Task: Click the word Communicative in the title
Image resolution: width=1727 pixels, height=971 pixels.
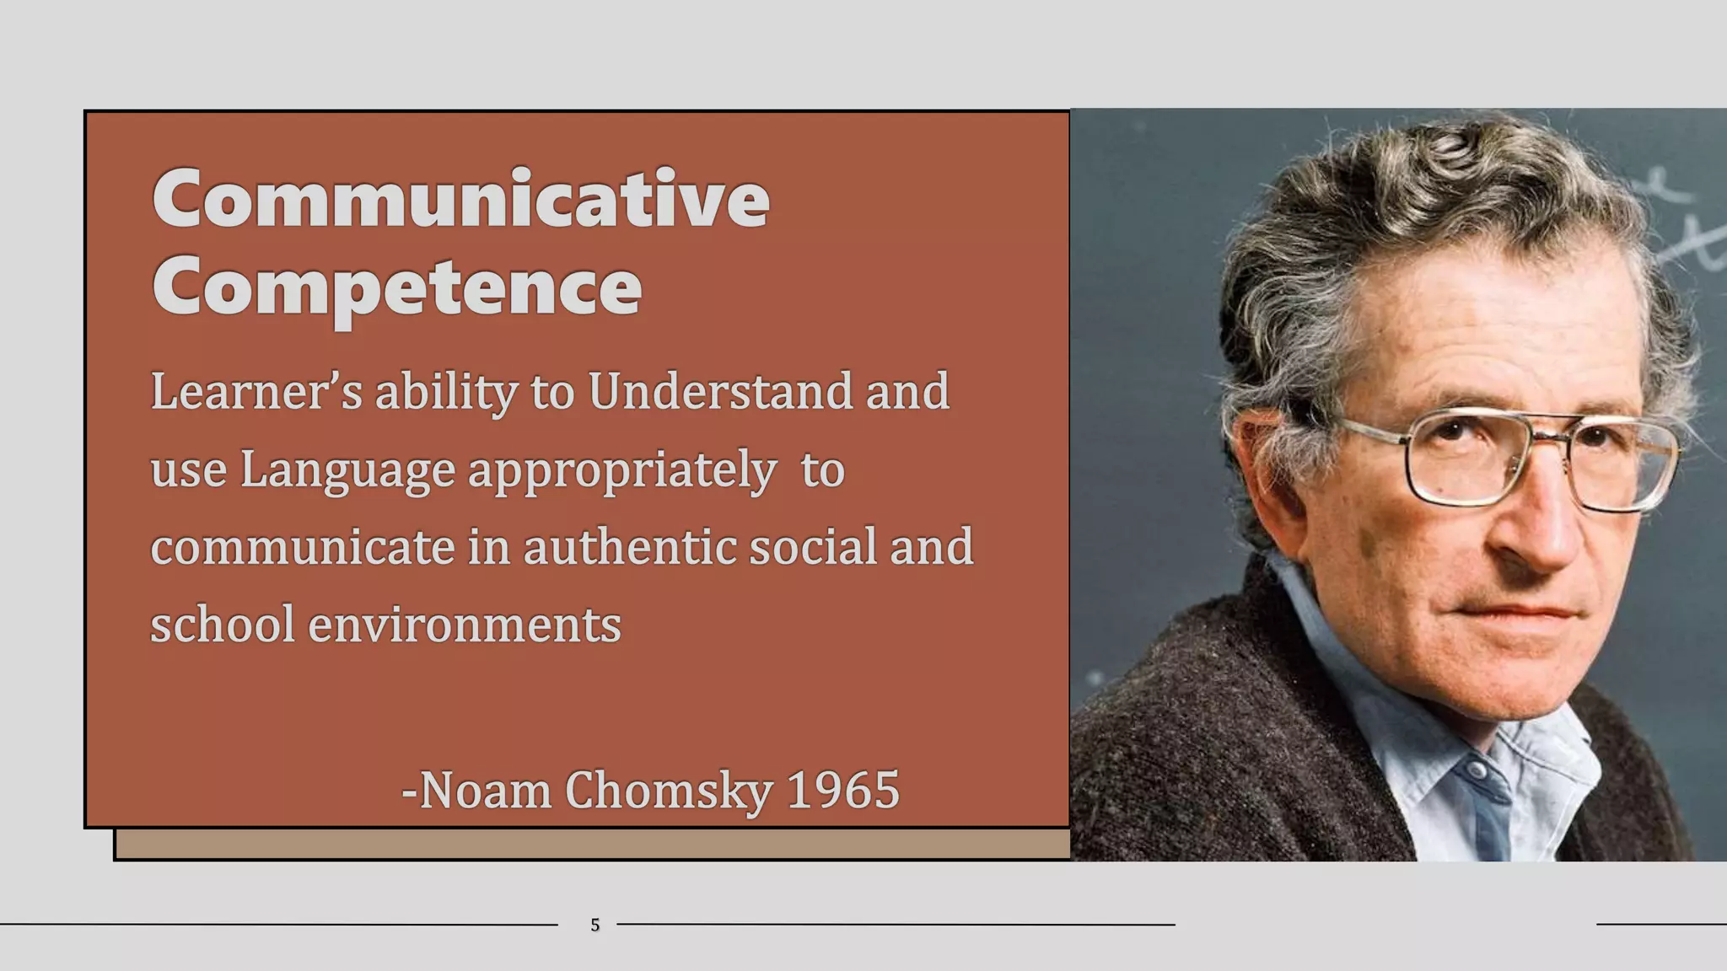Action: [460, 199]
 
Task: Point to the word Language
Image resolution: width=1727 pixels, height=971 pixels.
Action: [347, 470]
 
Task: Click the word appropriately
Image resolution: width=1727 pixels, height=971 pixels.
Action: [622, 470]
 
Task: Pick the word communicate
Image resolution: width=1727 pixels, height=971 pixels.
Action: [303, 547]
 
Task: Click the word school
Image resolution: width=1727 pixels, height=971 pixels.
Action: [222, 625]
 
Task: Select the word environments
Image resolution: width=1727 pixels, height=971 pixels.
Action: [465, 625]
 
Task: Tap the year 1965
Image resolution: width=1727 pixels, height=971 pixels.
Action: [842, 791]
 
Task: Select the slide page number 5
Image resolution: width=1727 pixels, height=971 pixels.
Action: [594, 925]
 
